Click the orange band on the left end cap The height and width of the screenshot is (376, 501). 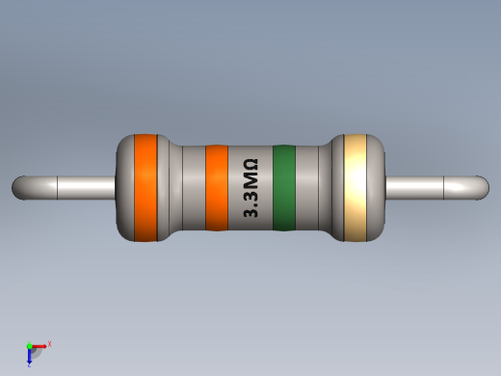[145, 187]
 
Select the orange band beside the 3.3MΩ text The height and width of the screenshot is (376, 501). [217, 188]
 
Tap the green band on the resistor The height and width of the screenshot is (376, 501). [283, 188]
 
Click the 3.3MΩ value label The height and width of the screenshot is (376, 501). [250, 189]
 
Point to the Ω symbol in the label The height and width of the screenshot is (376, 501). [250, 166]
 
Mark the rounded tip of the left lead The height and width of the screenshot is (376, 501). [17, 187]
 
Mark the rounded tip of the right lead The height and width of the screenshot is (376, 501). [483, 187]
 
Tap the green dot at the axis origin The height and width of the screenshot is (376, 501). [30, 345]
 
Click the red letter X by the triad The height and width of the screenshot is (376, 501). [49, 343]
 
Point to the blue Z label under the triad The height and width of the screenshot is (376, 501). [29, 365]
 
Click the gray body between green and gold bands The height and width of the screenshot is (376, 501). [310, 188]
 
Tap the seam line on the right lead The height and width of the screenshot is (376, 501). [443, 187]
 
